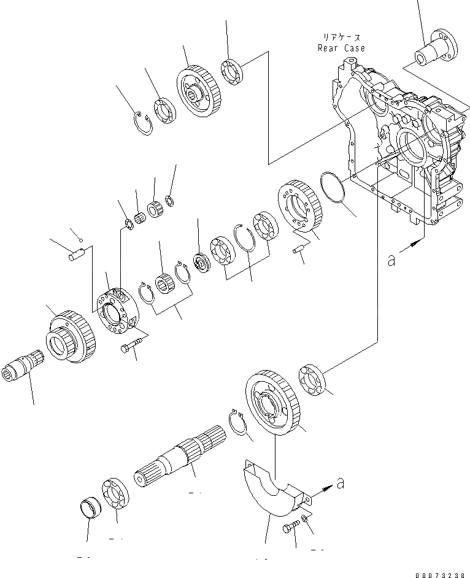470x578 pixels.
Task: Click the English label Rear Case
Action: [x=341, y=48]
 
